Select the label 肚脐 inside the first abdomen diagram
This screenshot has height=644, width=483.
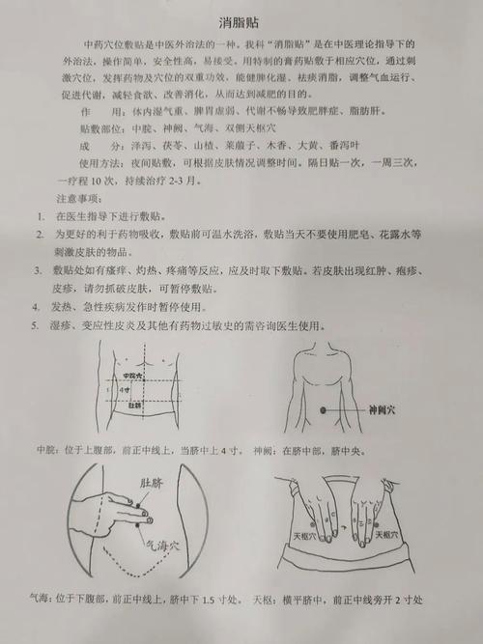[x=135, y=406]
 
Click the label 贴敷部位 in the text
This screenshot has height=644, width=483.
[x=105, y=126]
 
